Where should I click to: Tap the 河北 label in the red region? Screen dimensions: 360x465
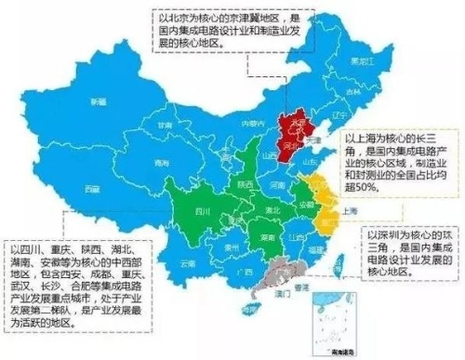point(290,145)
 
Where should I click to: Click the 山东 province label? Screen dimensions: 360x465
point(312,164)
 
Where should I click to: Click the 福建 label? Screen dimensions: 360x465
point(312,246)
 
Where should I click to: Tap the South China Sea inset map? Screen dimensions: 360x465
point(334,321)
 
